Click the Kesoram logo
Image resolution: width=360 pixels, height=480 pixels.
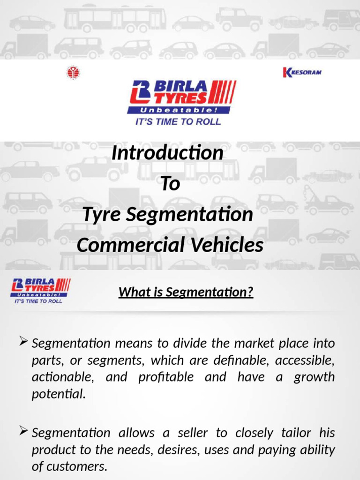[302, 72]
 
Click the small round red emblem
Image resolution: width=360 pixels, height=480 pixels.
[73, 73]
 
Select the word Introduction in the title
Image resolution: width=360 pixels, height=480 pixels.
[167, 153]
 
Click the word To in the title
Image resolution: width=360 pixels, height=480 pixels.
[170, 184]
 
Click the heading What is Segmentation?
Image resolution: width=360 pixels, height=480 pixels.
[186, 292]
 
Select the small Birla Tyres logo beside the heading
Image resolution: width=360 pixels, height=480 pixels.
[40, 290]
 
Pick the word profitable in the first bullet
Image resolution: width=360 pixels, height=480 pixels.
[166, 377]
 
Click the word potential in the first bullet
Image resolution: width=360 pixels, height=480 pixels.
[59, 394]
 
